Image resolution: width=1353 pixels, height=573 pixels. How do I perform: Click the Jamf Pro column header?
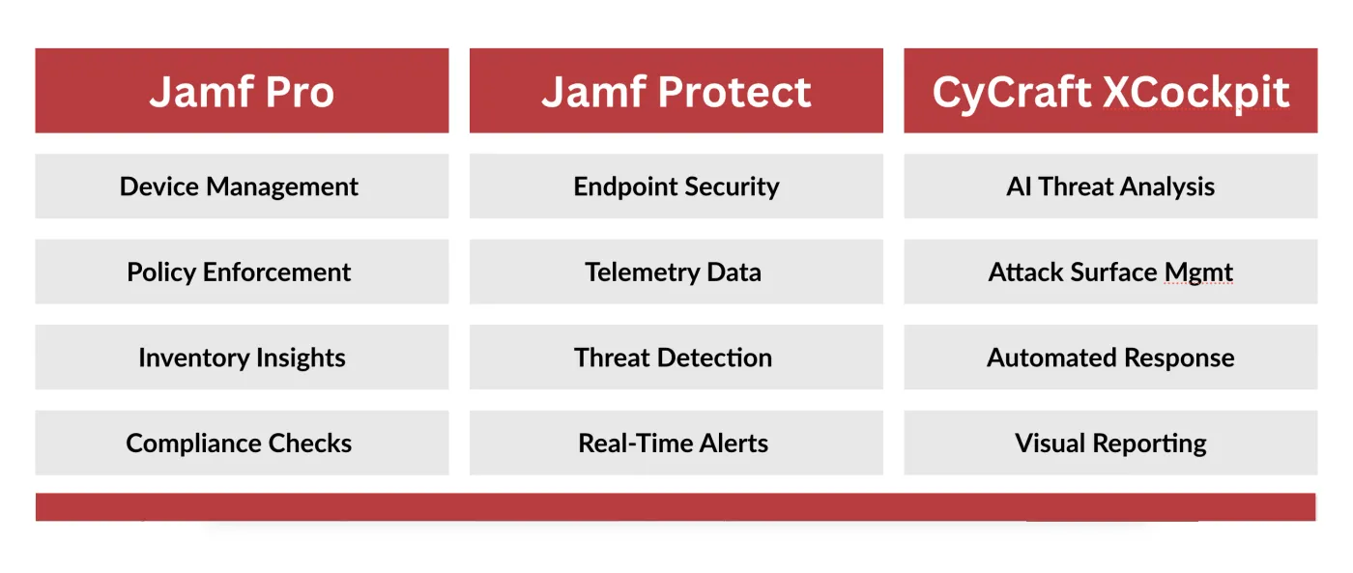pos(242,91)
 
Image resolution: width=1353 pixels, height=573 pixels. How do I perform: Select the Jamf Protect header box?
pos(676,91)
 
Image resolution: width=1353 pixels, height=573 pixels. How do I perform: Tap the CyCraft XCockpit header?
pos(1110,91)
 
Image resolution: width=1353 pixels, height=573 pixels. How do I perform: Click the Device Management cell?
pos(242,186)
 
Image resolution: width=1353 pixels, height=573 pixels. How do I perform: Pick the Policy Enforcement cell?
pos(242,272)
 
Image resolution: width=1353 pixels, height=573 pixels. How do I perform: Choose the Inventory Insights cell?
pos(242,358)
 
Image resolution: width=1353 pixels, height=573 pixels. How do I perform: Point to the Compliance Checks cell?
pos(242,443)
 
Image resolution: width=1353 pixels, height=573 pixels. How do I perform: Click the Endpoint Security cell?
pos(676,186)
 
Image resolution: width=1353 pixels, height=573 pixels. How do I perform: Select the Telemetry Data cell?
pos(676,272)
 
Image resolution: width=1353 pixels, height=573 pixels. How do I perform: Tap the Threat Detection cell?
pos(676,358)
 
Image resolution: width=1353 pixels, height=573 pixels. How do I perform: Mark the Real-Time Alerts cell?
pos(676,443)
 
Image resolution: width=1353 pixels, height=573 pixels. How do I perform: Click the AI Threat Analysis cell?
pos(1110,186)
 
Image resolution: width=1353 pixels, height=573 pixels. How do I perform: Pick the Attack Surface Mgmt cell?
pos(1110,272)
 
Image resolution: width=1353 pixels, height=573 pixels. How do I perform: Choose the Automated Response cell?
pos(1110,358)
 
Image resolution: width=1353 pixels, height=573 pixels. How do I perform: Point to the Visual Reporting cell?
pos(1110,443)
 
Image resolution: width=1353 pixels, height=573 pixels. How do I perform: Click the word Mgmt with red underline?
pos(1198,273)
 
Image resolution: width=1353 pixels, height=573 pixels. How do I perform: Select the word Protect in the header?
pos(734,93)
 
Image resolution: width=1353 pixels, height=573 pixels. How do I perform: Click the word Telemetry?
pos(642,273)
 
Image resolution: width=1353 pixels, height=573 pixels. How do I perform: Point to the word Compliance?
pos(193,444)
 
